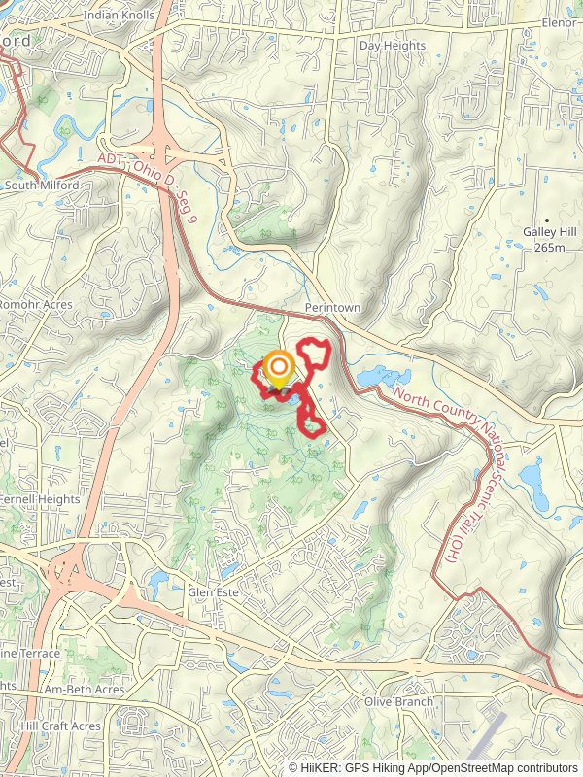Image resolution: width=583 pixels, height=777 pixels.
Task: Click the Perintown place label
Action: tap(331, 307)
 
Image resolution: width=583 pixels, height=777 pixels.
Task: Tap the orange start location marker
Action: tap(279, 367)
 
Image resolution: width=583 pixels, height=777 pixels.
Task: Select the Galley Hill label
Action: tap(549, 231)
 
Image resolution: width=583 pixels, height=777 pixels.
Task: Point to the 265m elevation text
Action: tap(549, 247)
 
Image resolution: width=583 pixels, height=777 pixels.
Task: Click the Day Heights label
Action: tap(393, 46)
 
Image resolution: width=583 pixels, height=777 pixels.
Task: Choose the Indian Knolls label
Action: tap(119, 16)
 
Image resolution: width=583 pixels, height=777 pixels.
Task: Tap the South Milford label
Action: tap(41, 185)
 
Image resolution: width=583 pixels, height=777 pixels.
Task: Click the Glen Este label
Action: tap(214, 591)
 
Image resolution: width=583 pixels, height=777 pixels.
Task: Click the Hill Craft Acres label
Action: tap(60, 726)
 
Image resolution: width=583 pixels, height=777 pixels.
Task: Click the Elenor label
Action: tap(560, 22)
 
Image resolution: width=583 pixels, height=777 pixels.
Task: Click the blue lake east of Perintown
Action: tap(373, 377)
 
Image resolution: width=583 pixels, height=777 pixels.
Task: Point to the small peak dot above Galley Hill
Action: tap(547, 220)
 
